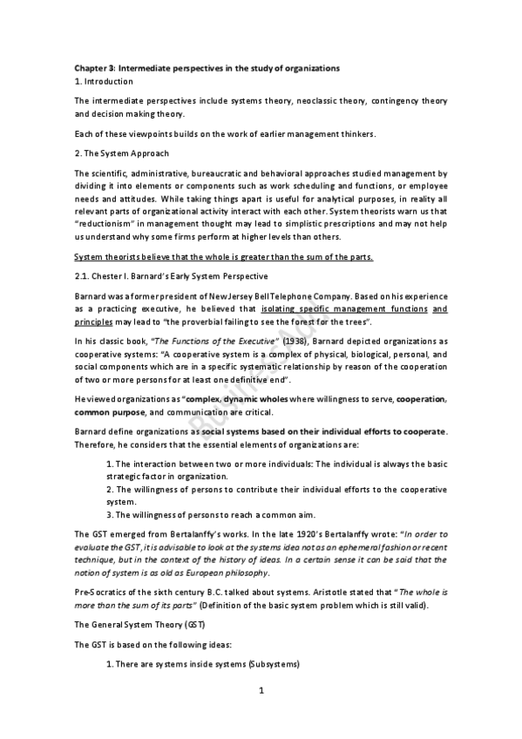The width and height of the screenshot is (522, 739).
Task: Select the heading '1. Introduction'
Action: click(104, 81)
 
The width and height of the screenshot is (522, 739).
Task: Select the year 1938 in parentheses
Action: click(301, 341)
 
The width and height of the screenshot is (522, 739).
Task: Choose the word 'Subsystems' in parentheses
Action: click(274, 665)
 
